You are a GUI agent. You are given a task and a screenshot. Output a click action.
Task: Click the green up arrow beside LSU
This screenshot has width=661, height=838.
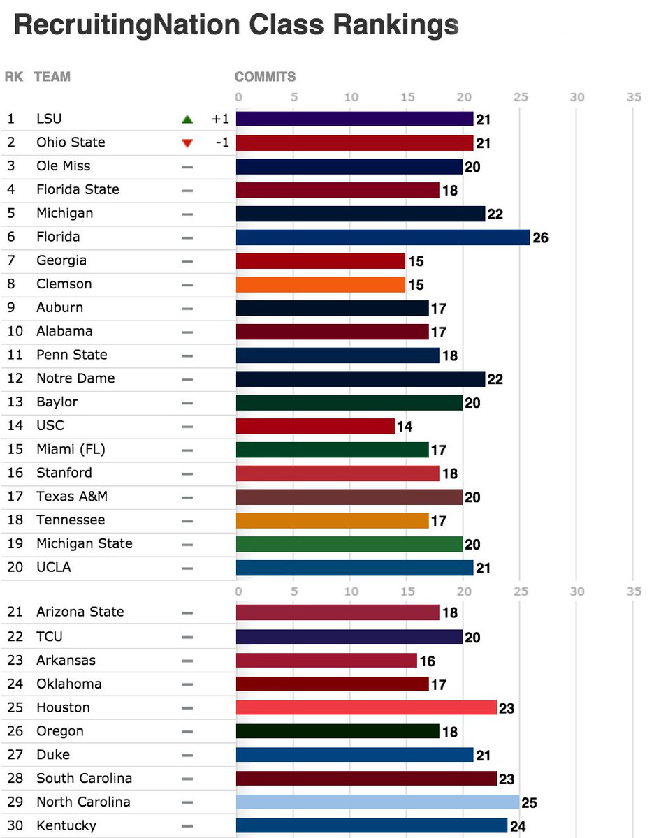pos(187,119)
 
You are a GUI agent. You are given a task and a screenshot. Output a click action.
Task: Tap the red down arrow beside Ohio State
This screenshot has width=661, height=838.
pos(187,143)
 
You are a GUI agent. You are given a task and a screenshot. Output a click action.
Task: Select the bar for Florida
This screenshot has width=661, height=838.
pos(383,237)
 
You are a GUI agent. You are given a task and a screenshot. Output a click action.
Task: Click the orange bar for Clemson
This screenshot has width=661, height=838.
pos(321,285)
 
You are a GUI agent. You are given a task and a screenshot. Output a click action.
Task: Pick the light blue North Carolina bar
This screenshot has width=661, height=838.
pos(377,802)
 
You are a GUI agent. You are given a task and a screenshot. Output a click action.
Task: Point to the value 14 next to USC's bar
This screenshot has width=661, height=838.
pos(405,426)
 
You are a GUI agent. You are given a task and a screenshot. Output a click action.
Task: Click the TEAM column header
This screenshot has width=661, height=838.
pos(52,77)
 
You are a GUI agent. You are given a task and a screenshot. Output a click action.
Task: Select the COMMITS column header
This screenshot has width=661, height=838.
pos(265,77)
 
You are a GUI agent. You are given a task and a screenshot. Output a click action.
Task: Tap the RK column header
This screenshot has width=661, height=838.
pos(13,77)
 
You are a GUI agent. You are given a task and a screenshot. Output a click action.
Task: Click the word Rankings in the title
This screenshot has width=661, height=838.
pos(395,26)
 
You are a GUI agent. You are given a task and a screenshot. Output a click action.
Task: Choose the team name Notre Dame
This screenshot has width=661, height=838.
pos(75,378)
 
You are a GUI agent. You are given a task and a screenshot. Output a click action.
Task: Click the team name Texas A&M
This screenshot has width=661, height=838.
pos(72,497)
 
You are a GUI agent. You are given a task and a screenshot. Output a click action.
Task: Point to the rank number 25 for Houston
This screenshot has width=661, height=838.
pos(15,707)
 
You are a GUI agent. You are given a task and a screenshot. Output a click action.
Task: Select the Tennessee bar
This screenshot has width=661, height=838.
pos(333,520)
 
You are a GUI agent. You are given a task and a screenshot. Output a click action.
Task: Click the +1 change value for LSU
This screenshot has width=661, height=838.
pos(220,119)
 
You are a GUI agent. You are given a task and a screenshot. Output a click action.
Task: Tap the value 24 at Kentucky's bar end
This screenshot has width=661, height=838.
pos(518,826)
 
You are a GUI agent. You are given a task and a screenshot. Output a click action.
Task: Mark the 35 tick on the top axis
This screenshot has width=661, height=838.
pos(633,98)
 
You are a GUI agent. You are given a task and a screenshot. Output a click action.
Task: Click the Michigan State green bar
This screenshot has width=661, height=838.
pos(349,544)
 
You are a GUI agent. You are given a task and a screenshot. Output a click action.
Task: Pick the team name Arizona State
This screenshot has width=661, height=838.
pos(80,612)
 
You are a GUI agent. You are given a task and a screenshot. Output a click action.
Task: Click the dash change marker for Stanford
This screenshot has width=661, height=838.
pos(187,473)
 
